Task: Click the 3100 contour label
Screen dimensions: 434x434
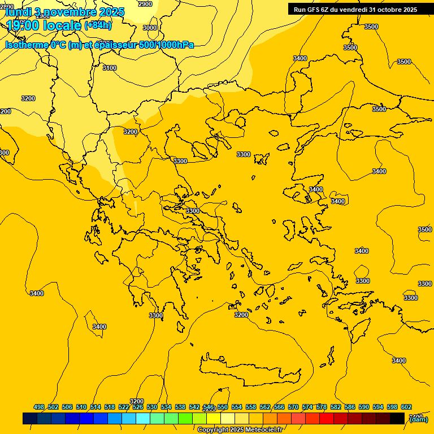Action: coord(110,68)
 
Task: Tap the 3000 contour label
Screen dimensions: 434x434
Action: coord(150,28)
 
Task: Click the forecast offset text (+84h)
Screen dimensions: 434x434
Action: coord(98,25)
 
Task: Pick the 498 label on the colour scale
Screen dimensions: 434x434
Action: coord(39,407)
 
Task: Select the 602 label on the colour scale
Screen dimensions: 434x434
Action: coord(406,407)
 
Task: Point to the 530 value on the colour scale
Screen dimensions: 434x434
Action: coord(152,407)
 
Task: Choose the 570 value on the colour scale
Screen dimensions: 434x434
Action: coord(293,407)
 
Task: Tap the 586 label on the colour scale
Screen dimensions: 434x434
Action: coord(350,407)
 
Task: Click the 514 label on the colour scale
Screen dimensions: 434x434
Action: coord(96,407)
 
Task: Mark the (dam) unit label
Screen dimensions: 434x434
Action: coord(419,419)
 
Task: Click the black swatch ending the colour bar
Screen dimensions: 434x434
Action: coord(397,418)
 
